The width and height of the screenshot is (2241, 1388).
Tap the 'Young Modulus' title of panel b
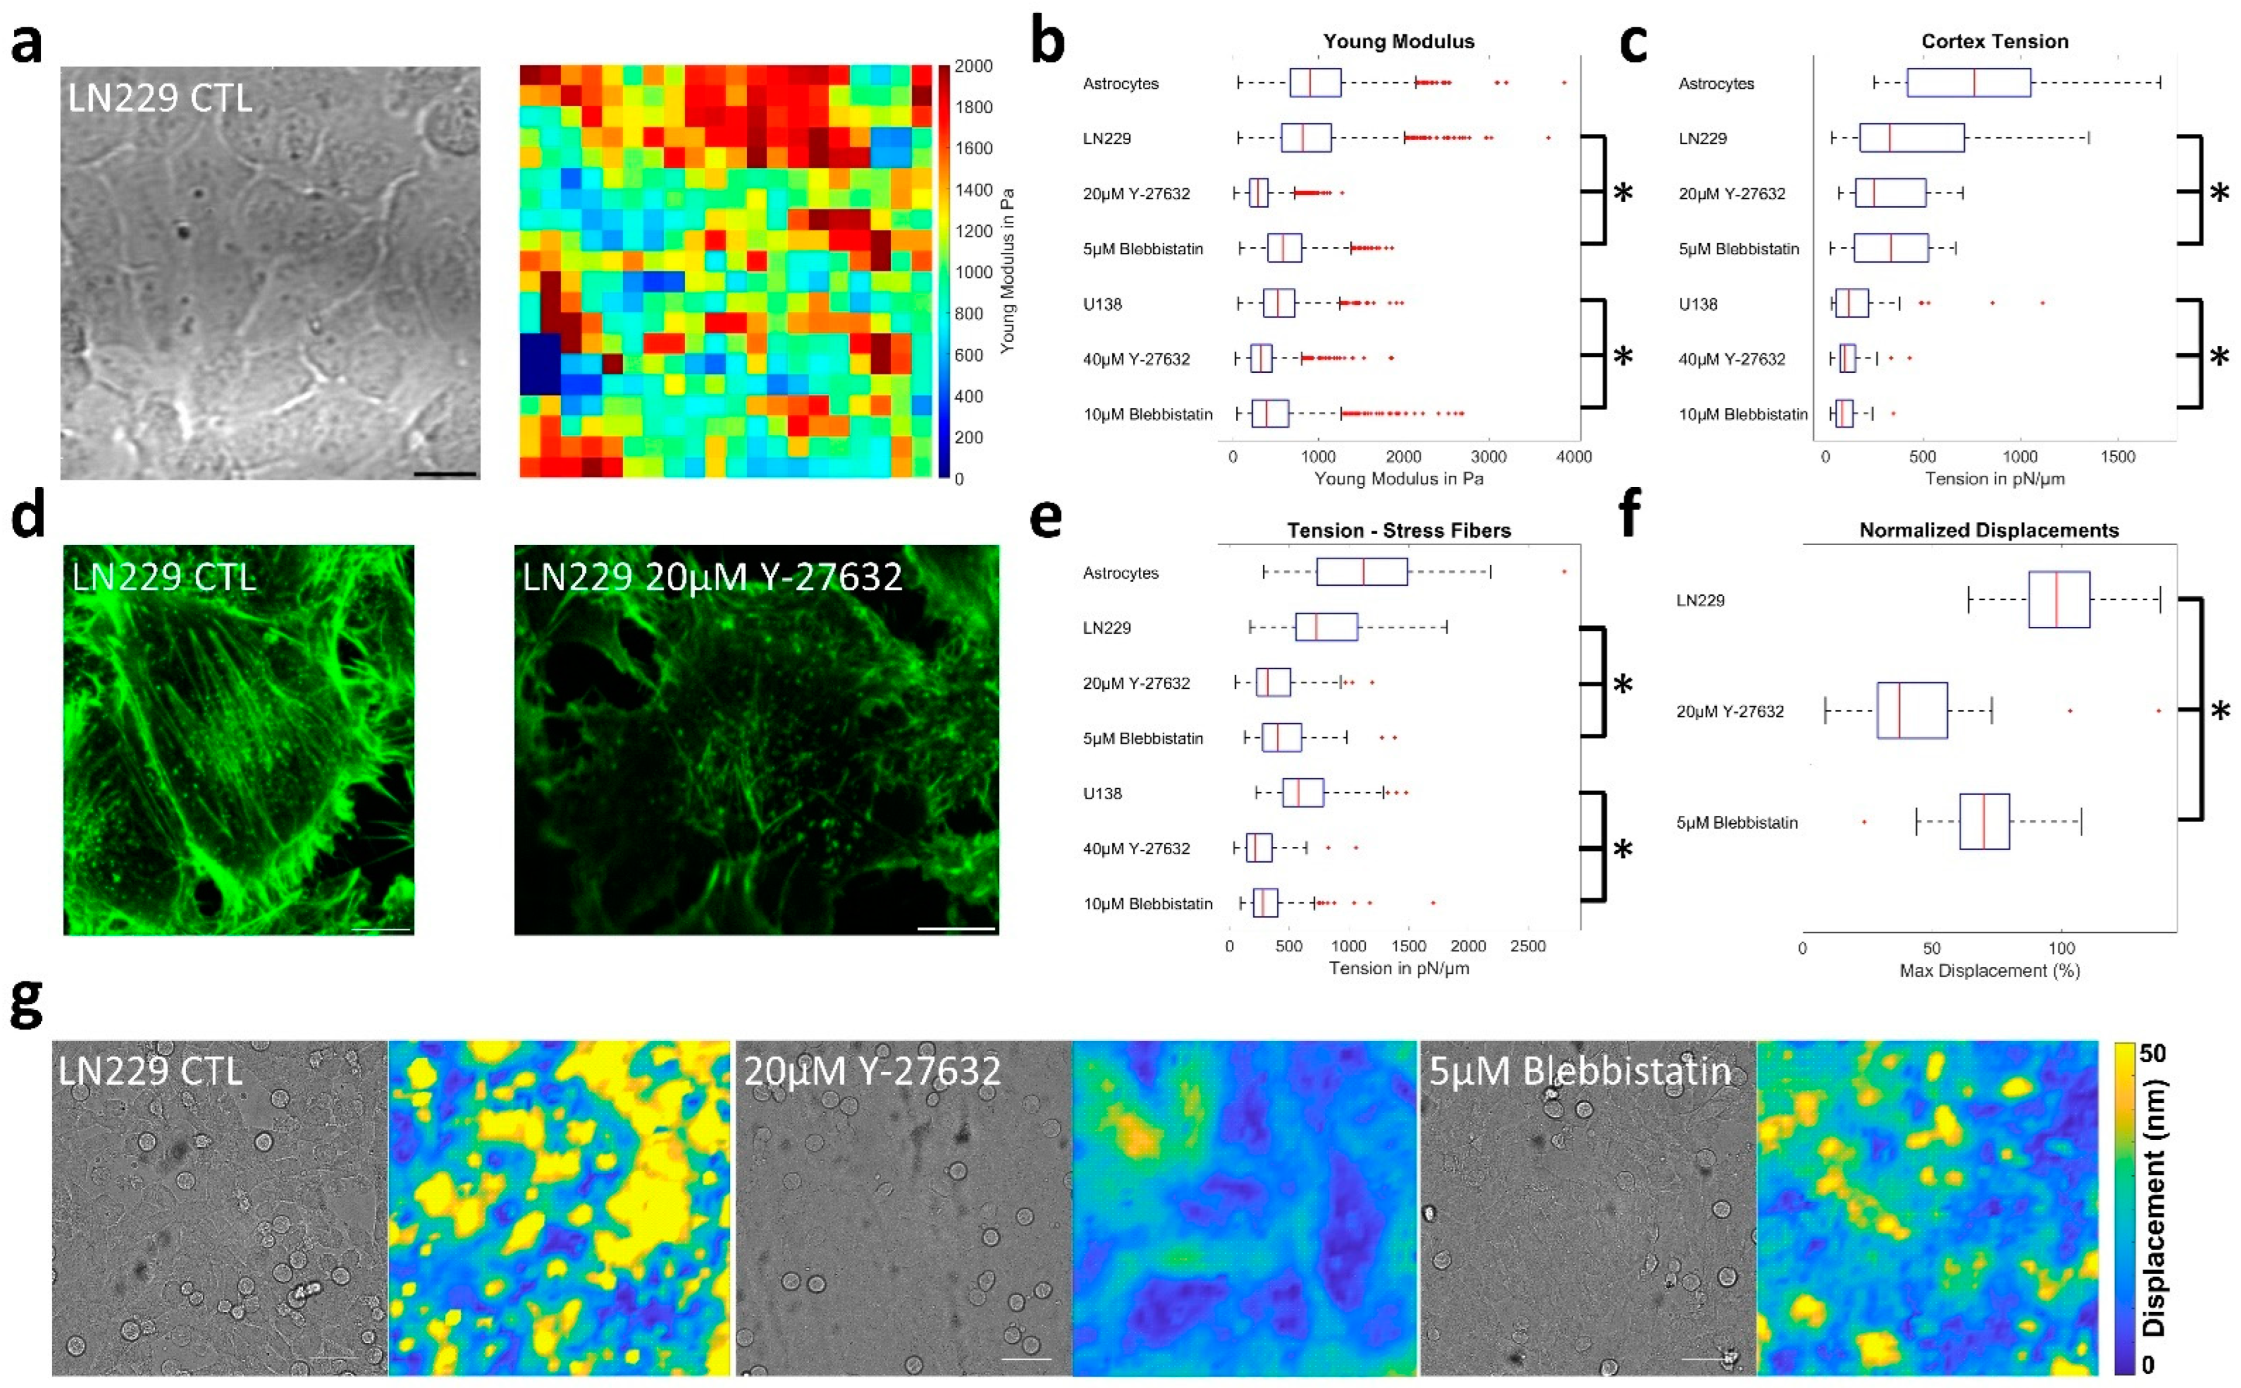pyautogui.click(x=1398, y=41)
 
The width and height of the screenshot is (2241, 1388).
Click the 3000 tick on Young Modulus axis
pyautogui.click(x=1487, y=456)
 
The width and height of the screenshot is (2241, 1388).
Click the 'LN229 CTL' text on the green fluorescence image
pyautogui.click(x=163, y=577)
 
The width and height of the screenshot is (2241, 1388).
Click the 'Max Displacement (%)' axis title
pyautogui.click(x=1989, y=970)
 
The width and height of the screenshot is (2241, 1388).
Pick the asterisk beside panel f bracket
pyautogui.click(x=2219, y=711)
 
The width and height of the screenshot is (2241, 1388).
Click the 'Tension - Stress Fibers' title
pyautogui.click(x=1398, y=531)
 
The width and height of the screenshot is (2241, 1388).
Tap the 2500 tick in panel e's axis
pyautogui.click(x=1527, y=946)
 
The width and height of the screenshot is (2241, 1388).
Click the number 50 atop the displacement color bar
pyautogui.click(x=2153, y=1053)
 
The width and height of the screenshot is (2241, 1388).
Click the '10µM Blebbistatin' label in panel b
pyautogui.click(x=1147, y=414)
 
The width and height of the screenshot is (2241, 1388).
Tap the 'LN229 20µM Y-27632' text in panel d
pyautogui.click(x=712, y=577)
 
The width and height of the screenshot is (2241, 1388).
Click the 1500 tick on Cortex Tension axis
pyautogui.click(x=2117, y=456)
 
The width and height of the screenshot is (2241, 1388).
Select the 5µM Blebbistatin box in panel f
pyautogui.click(x=1984, y=822)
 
